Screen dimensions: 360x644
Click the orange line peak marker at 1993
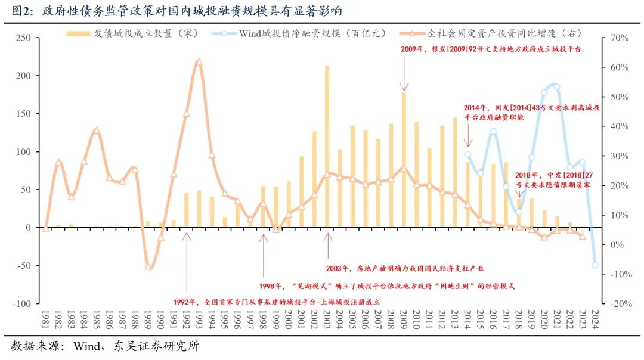coord(199,62)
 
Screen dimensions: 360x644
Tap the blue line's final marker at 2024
coord(595,265)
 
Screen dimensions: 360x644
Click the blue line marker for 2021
coord(557,86)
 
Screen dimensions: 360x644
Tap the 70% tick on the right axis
coord(621,38)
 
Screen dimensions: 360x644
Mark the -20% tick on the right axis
coord(620,303)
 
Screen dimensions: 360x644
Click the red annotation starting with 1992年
coord(276,302)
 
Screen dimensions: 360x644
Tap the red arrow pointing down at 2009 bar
coord(404,79)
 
